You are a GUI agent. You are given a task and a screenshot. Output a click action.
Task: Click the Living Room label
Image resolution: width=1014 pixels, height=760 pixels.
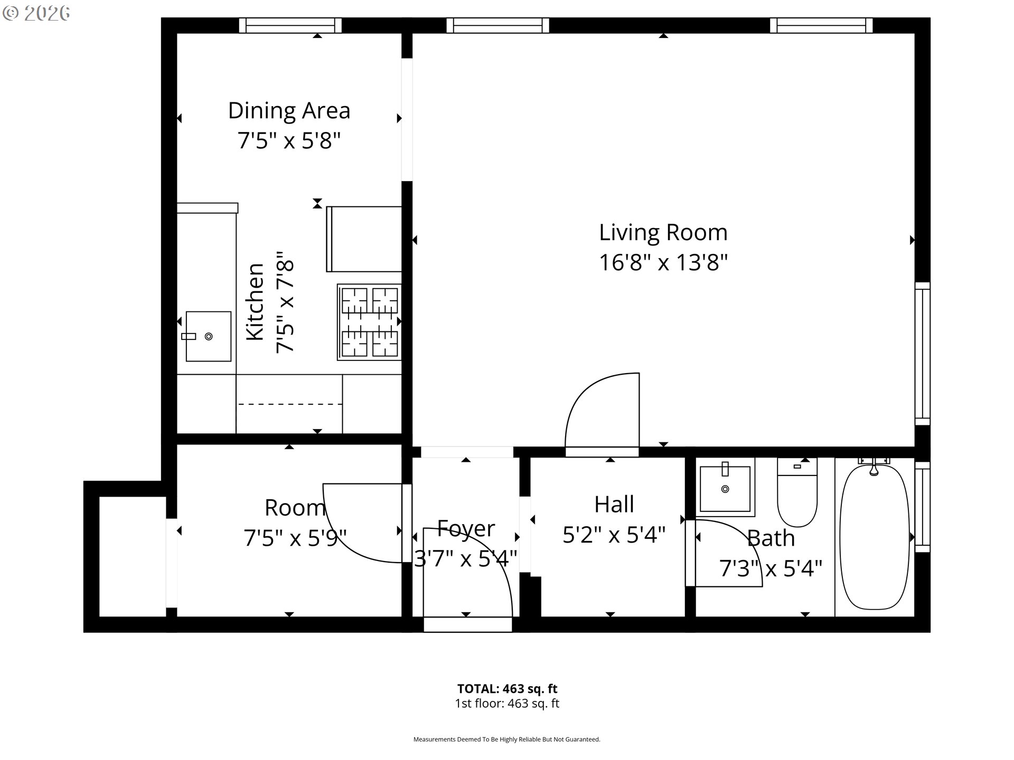[663, 232]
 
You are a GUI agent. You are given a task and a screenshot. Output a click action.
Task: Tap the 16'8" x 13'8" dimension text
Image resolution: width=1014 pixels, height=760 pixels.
[663, 262]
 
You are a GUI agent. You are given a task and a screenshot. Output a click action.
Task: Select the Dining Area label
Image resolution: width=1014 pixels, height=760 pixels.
[289, 111]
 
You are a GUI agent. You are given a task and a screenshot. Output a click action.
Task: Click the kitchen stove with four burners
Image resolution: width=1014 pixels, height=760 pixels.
[369, 322]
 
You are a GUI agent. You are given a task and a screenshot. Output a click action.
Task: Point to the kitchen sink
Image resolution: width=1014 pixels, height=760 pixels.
[208, 336]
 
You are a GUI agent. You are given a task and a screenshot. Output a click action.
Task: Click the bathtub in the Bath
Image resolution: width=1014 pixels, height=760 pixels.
[874, 537]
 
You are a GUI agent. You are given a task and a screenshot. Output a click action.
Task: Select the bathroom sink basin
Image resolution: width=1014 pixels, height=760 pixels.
[725, 488]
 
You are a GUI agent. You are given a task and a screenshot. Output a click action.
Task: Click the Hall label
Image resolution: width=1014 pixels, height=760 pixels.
[614, 505]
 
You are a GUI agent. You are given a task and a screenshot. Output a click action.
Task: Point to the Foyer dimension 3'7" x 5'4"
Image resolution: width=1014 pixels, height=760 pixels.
[465, 558]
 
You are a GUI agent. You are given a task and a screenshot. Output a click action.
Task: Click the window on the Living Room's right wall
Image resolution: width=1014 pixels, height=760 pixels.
[922, 353]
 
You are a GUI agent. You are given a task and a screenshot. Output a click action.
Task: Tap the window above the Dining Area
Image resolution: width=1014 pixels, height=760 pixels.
[290, 25]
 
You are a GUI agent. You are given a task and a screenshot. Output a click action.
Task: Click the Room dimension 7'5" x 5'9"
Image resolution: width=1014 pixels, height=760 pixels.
[295, 538]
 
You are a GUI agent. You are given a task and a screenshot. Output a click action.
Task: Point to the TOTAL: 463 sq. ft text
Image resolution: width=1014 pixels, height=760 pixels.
[507, 689]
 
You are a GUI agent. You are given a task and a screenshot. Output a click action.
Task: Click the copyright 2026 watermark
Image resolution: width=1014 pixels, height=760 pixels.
[36, 14]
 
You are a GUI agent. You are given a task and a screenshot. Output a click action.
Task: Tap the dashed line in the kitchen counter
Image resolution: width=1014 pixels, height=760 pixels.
[289, 404]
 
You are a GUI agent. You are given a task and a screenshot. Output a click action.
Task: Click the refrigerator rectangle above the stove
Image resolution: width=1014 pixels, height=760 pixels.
[364, 239]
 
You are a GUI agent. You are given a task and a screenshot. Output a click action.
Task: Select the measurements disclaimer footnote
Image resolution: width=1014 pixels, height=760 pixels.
[506, 739]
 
